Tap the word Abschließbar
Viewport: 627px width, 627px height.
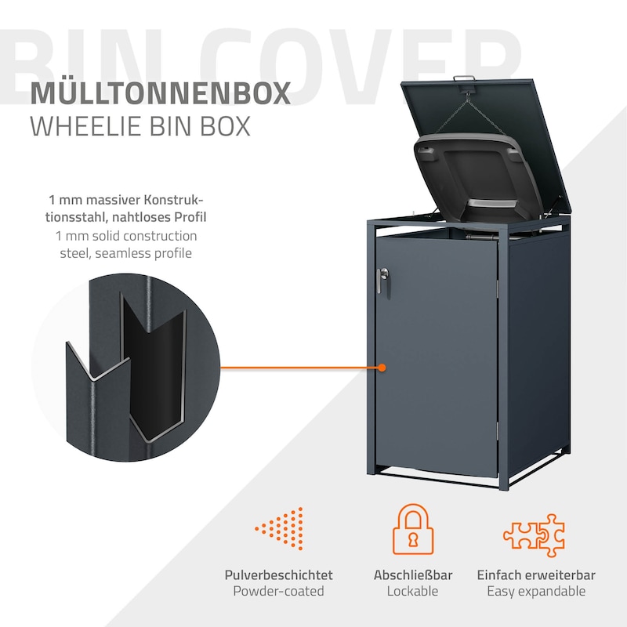[412, 574]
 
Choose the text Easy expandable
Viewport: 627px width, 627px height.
[536, 592]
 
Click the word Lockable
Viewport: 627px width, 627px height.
[412, 592]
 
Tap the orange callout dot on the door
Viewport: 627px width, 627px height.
[382, 367]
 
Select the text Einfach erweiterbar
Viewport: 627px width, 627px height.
[536, 574]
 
